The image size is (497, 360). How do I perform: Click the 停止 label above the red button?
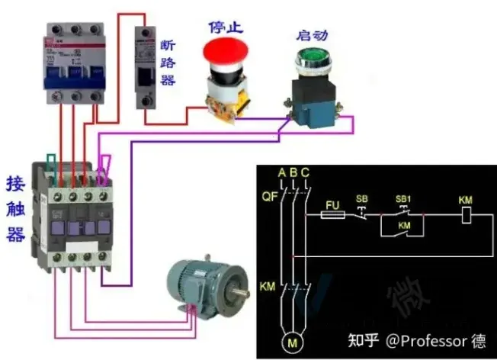[224, 26]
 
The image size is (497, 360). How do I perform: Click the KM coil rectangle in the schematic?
[465, 216]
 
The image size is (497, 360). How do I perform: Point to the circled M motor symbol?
[293, 344]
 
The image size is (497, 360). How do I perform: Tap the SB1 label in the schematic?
[403, 199]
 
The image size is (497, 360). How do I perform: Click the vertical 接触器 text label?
[14, 209]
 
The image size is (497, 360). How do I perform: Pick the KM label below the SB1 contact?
[404, 227]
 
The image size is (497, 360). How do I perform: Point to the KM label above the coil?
[465, 200]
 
